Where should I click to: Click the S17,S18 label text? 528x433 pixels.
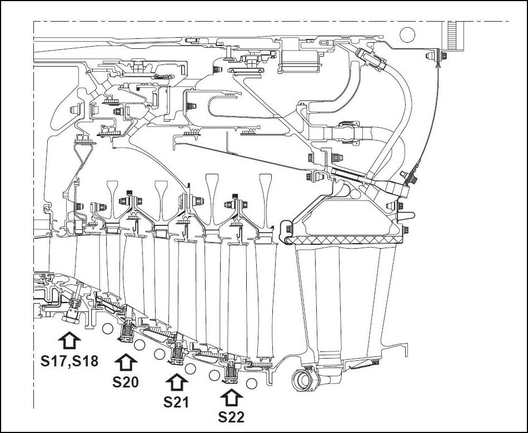click(x=69, y=361)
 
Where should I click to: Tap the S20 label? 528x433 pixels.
click(x=126, y=382)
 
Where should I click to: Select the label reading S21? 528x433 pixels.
click(x=176, y=402)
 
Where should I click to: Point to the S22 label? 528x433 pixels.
click(x=231, y=417)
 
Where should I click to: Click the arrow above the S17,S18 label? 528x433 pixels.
click(x=69, y=340)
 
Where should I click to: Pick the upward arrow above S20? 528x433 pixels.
click(x=126, y=362)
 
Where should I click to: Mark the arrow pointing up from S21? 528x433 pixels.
click(x=176, y=382)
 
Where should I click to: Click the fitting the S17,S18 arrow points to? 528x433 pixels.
click(x=72, y=314)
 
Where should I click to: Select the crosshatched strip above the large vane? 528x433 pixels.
click(x=347, y=240)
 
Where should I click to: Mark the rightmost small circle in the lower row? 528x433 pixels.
click(x=251, y=382)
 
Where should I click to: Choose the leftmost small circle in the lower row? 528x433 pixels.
click(x=108, y=330)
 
